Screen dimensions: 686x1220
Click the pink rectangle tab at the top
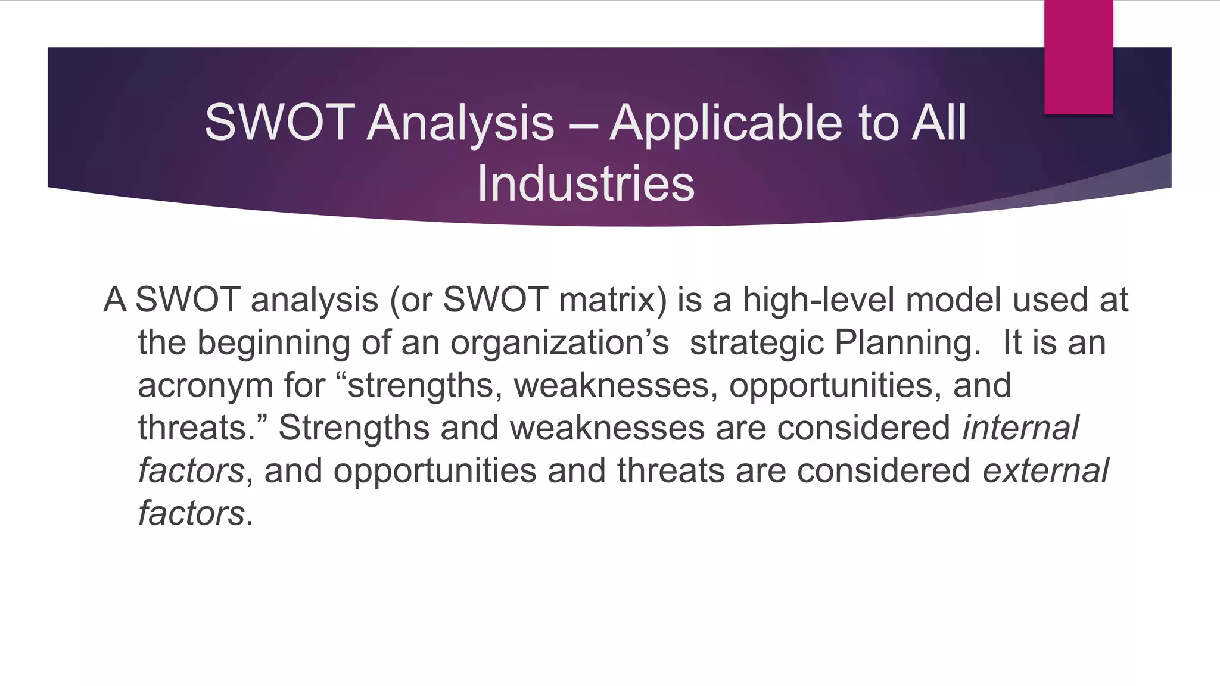click(x=1078, y=57)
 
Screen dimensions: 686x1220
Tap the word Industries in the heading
click(x=586, y=184)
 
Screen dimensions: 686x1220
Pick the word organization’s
click(x=559, y=344)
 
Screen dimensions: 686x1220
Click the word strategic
click(x=757, y=344)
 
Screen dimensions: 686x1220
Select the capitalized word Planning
click(x=907, y=344)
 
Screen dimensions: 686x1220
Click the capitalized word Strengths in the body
click(x=354, y=428)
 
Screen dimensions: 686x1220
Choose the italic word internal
click(x=1020, y=428)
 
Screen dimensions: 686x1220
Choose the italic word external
click(x=1045, y=470)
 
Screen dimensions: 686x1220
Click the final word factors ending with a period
click(x=195, y=513)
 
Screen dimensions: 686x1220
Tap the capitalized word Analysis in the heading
click(x=460, y=123)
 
